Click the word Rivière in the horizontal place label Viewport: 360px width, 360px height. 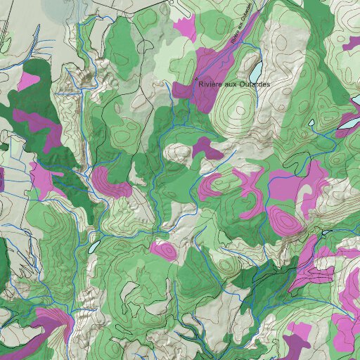pyautogui.click(x=212, y=85)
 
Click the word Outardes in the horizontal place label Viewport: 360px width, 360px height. pyautogui.click(x=254, y=85)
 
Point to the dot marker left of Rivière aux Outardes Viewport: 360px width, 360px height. pyautogui.click(x=196, y=78)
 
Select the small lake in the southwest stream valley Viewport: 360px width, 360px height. pyautogui.click(x=94, y=247)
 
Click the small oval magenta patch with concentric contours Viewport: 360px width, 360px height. pyautogui.click(x=164, y=250)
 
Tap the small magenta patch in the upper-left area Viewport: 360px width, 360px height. pyautogui.click(x=30, y=80)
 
